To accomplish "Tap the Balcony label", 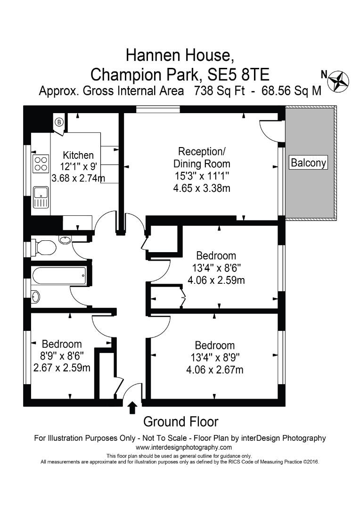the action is pyautogui.click(x=308, y=162).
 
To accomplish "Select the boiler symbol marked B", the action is pyautogui.click(x=59, y=123).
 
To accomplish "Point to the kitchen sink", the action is pyautogui.click(x=41, y=197).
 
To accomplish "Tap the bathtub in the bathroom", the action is pyautogui.click(x=59, y=276).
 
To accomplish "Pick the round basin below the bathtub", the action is pyautogui.click(x=36, y=296).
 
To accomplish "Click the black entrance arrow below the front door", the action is pyautogui.click(x=132, y=408).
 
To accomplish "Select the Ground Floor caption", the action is pyautogui.click(x=180, y=422).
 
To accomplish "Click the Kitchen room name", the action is pyautogui.click(x=78, y=155).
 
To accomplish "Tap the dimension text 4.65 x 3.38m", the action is pyautogui.click(x=202, y=188).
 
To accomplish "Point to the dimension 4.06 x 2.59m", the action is pyautogui.click(x=216, y=280).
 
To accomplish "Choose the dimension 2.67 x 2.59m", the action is pyautogui.click(x=62, y=368).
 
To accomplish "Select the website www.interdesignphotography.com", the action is pyautogui.click(x=180, y=447).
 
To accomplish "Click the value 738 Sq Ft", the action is pyautogui.click(x=219, y=90).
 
